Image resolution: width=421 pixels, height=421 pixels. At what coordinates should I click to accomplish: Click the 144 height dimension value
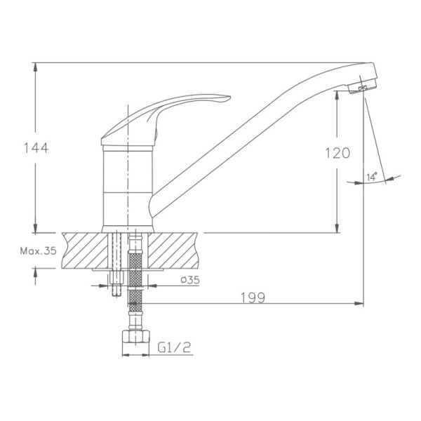36,148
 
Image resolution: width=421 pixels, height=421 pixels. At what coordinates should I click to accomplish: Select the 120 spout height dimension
338,153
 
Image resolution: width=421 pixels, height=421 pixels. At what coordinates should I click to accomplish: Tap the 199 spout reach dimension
253,298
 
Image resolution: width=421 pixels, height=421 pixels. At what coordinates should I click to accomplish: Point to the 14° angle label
372,177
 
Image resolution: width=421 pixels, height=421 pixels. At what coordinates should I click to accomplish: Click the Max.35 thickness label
38,250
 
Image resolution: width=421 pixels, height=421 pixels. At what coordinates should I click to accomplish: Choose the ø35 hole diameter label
190,280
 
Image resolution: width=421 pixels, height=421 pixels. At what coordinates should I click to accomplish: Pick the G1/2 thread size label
174,347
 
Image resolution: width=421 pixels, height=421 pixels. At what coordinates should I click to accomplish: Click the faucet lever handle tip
229,98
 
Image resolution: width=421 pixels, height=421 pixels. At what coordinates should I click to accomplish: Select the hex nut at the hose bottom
135,337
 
